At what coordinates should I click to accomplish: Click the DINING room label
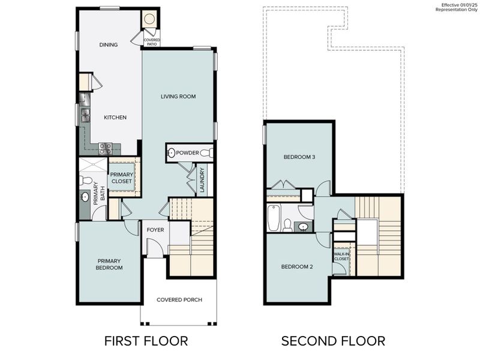coord(109,45)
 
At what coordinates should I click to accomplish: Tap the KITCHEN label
coord(115,118)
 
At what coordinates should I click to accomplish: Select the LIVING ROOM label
coord(178,97)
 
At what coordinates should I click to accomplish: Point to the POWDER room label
coord(187,153)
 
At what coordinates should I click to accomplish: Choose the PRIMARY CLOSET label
coord(121,178)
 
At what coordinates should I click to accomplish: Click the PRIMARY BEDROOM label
coord(110,264)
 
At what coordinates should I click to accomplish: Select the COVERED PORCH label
coord(179,300)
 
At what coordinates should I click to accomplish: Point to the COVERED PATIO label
coord(151,42)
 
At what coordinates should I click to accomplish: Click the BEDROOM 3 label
coord(299,157)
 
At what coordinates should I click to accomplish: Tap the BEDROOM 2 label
coord(298,266)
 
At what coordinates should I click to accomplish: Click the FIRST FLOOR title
coord(146,341)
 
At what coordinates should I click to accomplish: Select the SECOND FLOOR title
coord(333,341)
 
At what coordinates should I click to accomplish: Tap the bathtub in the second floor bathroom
coord(274,218)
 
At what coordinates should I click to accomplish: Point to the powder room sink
coord(171,153)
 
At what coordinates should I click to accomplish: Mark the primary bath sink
coord(85,197)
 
